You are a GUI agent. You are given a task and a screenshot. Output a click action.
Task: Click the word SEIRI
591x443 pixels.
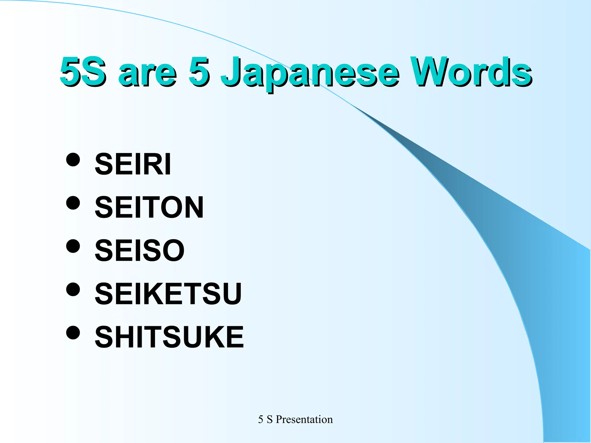(x=133, y=164)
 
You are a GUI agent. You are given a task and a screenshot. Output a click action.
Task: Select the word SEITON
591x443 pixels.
(x=149, y=207)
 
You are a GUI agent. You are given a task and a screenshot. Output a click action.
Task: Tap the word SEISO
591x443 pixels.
(x=139, y=250)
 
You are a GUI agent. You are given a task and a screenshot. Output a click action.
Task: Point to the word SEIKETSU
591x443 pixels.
(x=168, y=294)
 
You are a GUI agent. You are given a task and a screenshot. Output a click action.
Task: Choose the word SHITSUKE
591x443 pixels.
(x=169, y=337)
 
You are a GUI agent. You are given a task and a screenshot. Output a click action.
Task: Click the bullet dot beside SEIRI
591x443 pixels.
(x=73, y=159)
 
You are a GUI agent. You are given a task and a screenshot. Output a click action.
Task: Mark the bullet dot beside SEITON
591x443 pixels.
(x=73, y=203)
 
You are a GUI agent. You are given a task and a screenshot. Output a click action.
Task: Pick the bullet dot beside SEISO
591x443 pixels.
(x=73, y=246)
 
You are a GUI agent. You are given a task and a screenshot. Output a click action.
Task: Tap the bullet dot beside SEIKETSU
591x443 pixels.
(x=73, y=289)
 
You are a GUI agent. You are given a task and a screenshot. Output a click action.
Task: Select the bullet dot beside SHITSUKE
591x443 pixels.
(x=73, y=333)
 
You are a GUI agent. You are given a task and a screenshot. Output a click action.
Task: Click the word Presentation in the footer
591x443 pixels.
(x=304, y=419)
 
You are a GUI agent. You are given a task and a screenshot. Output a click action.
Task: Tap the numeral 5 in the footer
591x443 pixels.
(x=261, y=420)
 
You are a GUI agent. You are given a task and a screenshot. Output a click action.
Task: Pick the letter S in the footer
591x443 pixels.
(x=270, y=420)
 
